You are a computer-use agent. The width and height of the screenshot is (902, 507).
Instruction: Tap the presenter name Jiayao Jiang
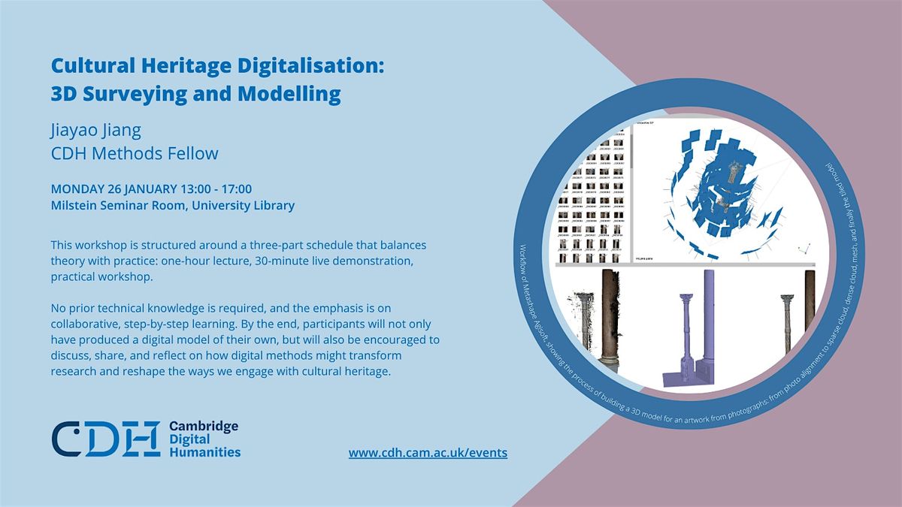pyautogui.click(x=96, y=130)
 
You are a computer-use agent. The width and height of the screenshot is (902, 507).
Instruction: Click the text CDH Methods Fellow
pyautogui.click(x=135, y=153)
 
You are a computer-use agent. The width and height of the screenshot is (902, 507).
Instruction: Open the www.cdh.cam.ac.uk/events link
pyautogui.click(x=428, y=452)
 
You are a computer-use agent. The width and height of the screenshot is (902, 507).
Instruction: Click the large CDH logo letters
pyautogui.click(x=105, y=438)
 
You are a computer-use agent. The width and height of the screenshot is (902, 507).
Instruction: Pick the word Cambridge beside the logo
pyautogui.click(x=204, y=426)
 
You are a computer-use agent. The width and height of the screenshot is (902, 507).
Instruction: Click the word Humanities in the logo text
pyautogui.click(x=205, y=451)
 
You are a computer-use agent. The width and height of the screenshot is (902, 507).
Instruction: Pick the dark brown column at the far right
pyautogui.click(x=810, y=315)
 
